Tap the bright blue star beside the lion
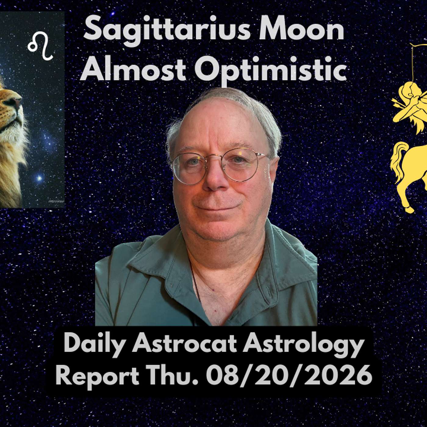pyautogui.click(x=39, y=178)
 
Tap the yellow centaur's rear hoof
pyautogui.click(x=409, y=210)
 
